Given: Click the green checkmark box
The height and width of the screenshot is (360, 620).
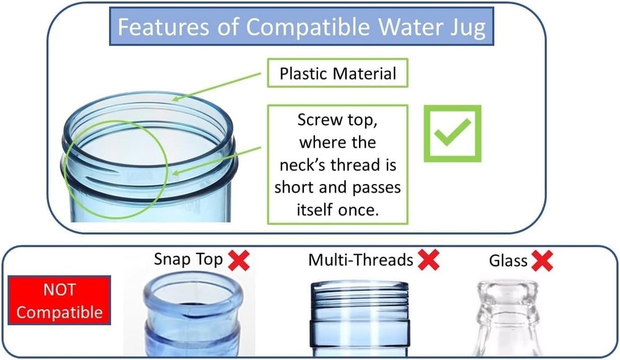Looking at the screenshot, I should [452, 133].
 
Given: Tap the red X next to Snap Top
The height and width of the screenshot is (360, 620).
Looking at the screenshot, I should [239, 260].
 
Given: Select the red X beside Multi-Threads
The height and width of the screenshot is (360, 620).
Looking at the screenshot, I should [428, 260].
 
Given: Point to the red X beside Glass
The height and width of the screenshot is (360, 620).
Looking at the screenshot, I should [542, 261].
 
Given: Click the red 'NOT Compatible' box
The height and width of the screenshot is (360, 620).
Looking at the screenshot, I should [60, 301].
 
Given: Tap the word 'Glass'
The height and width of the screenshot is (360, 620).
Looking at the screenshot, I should [508, 261].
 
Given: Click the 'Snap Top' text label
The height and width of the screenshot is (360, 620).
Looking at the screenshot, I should [188, 260].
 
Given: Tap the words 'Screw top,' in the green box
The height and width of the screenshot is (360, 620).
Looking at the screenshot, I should [337, 120].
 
